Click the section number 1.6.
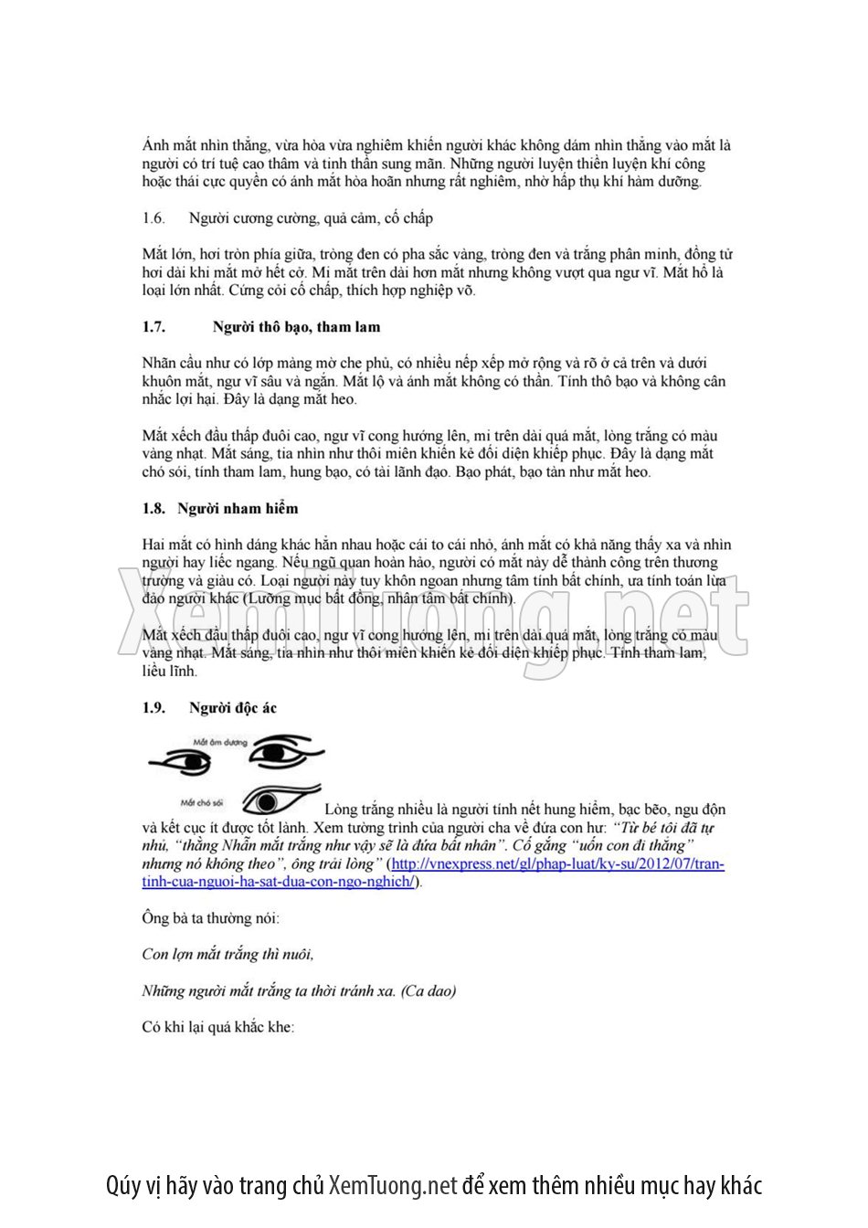[153, 218]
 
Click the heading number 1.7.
[153, 327]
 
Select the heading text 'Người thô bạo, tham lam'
[296, 327]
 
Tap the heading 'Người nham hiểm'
[238, 509]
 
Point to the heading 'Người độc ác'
[232, 708]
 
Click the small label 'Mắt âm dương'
[220, 742]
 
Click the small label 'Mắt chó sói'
[202, 802]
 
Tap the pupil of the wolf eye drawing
[267, 802]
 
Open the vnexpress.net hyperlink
[557, 864]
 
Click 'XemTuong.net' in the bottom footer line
[392, 1186]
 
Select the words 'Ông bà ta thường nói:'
[211, 918]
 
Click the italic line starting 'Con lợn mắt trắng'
[228, 955]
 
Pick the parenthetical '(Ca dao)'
[429, 991]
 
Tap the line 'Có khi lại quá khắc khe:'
[218, 1027]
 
